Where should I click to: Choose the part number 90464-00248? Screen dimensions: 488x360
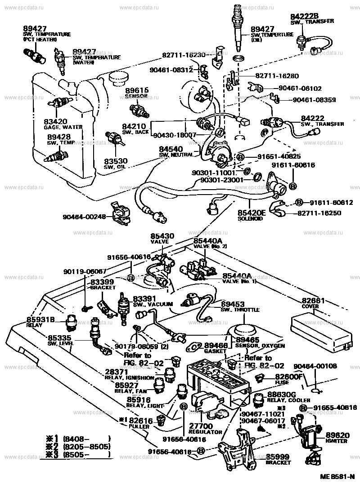[90, 216]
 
